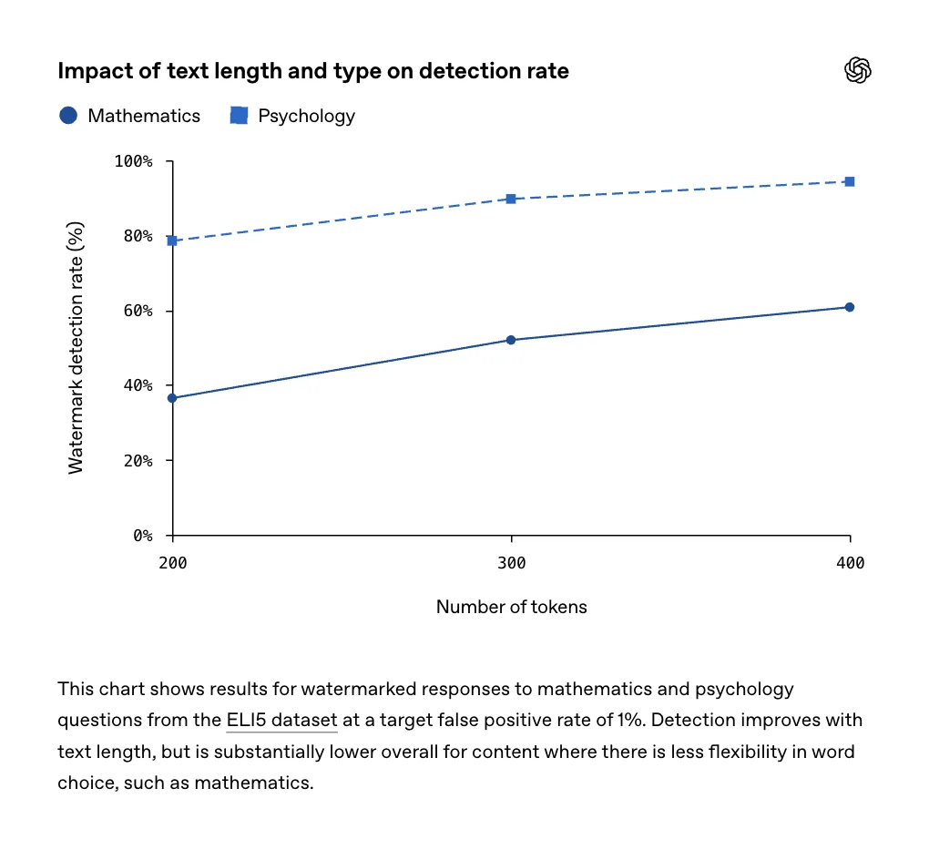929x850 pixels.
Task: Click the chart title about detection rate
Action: tap(312, 71)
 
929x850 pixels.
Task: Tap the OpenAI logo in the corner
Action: tap(857, 70)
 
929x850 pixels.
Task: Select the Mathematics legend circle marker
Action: tap(68, 116)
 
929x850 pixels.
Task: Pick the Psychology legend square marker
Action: tap(239, 116)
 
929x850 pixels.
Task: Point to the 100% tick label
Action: tap(133, 161)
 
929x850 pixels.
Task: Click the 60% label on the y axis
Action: tap(138, 312)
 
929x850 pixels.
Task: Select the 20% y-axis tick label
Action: tap(138, 461)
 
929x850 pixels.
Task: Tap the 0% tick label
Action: tap(143, 536)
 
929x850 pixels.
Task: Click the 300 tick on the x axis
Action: tap(511, 563)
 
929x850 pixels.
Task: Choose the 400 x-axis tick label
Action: tap(850, 563)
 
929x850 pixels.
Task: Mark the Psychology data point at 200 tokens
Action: tap(172, 241)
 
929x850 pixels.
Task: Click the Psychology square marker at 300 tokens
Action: tap(511, 199)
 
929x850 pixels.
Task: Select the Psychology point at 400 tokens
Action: tap(850, 181)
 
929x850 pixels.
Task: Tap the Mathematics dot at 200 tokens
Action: tap(172, 398)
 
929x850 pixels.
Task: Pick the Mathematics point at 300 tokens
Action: tap(511, 340)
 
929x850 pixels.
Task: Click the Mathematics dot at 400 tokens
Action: tap(850, 307)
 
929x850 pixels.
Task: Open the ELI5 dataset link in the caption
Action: tap(282, 721)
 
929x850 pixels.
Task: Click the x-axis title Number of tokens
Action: tap(511, 607)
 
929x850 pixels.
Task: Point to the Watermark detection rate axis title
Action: tap(76, 348)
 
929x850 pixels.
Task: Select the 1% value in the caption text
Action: tap(631, 721)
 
